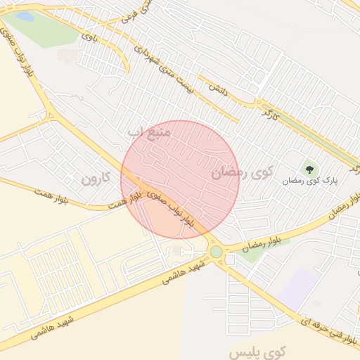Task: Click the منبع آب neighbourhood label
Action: pyautogui.click(x=149, y=131)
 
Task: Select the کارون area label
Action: pyautogui.click(x=96, y=178)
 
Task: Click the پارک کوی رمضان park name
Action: pyautogui.click(x=310, y=181)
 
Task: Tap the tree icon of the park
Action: pyautogui.click(x=309, y=169)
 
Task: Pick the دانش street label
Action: pyautogui.click(x=217, y=89)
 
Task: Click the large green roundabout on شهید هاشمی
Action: pyautogui.click(x=216, y=251)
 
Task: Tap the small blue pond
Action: pyautogui.click(x=25, y=15)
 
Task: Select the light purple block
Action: pyautogui.click(x=298, y=288)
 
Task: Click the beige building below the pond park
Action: pyautogui.click(x=67, y=54)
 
